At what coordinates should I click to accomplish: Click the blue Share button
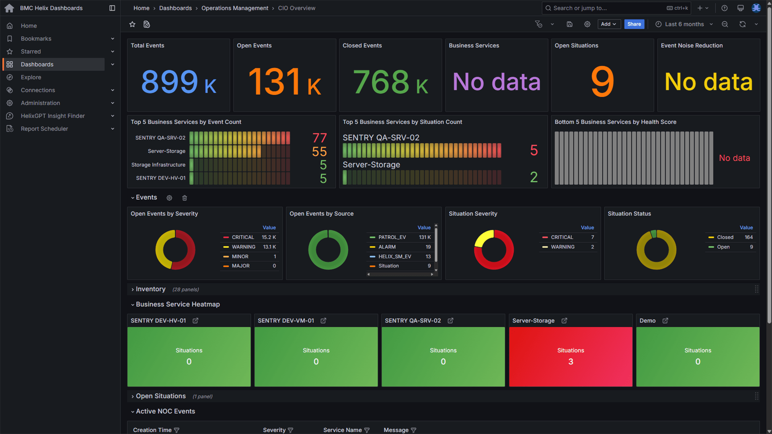pyautogui.click(x=634, y=24)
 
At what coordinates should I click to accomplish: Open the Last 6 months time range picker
pyautogui.click(x=684, y=24)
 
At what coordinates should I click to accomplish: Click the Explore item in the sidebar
pyautogui.click(x=31, y=77)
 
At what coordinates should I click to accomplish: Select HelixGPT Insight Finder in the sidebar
pyautogui.click(x=53, y=116)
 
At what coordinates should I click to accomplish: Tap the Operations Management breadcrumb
pyautogui.click(x=234, y=8)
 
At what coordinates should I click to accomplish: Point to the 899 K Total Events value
pyautogui.click(x=179, y=82)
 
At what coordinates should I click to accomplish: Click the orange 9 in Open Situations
pyautogui.click(x=602, y=82)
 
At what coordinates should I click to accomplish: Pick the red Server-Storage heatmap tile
pyautogui.click(x=570, y=356)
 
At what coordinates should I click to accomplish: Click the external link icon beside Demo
pyautogui.click(x=665, y=321)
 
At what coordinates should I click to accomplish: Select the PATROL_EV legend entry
pyautogui.click(x=392, y=237)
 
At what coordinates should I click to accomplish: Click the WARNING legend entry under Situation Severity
pyautogui.click(x=563, y=247)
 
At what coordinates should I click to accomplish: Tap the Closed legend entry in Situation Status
pyautogui.click(x=725, y=237)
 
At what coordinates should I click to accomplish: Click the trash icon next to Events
pyautogui.click(x=185, y=198)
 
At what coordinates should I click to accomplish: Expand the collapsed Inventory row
pyautogui.click(x=150, y=289)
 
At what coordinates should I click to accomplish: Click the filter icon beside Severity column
pyautogui.click(x=290, y=430)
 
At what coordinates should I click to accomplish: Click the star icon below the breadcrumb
pyautogui.click(x=132, y=25)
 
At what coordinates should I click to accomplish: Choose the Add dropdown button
pyautogui.click(x=609, y=24)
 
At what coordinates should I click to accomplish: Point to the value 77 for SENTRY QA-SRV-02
pyautogui.click(x=319, y=138)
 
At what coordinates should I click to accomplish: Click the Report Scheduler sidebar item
pyautogui.click(x=44, y=129)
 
